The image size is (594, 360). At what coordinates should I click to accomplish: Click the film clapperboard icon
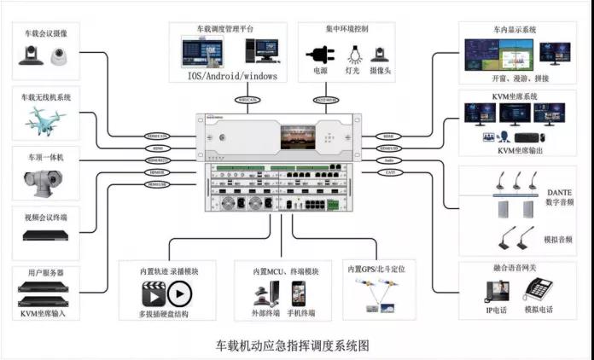tap(153, 293)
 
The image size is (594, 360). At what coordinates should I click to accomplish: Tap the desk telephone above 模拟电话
tap(537, 290)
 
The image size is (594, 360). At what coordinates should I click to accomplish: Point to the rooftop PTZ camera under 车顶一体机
tap(44, 182)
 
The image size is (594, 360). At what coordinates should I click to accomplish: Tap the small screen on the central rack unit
tap(295, 135)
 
